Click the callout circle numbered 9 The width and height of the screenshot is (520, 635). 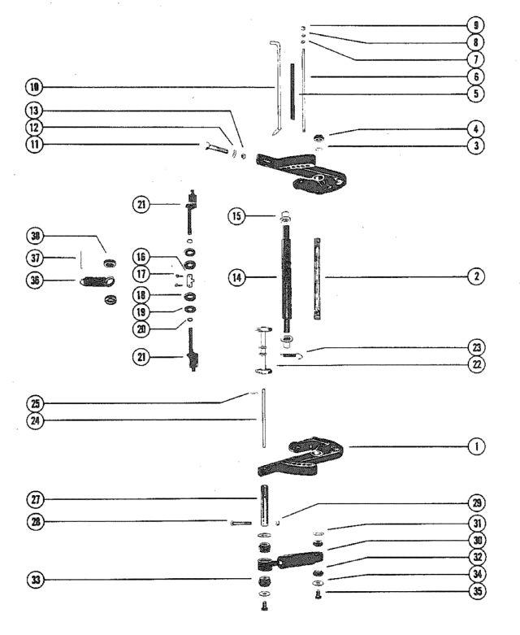click(475, 25)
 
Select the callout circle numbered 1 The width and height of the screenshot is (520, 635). click(476, 446)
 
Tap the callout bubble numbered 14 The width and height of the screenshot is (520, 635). click(236, 277)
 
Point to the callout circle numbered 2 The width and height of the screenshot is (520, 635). click(476, 276)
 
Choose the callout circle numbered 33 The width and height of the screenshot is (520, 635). click(36, 580)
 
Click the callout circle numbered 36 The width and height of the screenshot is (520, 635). click(35, 280)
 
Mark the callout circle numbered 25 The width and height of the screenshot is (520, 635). click(35, 403)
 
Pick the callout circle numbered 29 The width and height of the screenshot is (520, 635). click(477, 503)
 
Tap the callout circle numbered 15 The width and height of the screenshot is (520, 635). click(236, 215)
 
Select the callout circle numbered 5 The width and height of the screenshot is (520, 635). click(476, 94)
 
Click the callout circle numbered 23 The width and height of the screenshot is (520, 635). click(476, 347)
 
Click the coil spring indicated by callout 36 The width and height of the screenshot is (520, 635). click(97, 281)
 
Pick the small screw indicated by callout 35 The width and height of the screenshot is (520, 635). click(318, 594)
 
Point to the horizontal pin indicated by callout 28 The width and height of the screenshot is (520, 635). click(240, 524)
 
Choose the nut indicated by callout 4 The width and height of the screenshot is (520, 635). click(319, 138)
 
